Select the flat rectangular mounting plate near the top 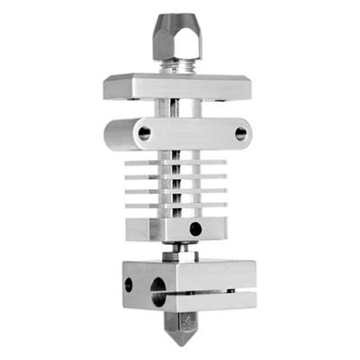180,87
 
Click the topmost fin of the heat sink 180,160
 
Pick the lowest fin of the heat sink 180,208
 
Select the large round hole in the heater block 159,291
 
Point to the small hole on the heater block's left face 128,284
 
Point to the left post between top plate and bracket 159,108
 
